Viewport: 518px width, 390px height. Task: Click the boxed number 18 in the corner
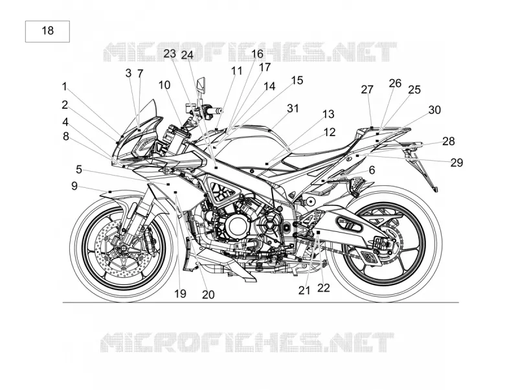(x=47, y=30)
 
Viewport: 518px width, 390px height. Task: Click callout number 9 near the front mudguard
(x=74, y=186)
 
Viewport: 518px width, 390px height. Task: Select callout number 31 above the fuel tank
(x=293, y=108)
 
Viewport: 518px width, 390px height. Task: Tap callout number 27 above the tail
(x=367, y=89)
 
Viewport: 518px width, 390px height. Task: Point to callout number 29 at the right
(x=457, y=163)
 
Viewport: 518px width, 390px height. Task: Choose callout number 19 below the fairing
(x=181, y=293)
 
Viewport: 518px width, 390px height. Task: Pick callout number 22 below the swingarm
(x=324, y=288)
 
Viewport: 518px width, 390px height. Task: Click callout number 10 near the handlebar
(x=164, y=85)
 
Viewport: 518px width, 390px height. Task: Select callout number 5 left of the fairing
(x=78, y=170)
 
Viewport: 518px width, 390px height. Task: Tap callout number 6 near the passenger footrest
(x=372, y=170)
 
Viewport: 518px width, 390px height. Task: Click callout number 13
(x=328, y=115)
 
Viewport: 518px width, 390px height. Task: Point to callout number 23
(x=170, y=54)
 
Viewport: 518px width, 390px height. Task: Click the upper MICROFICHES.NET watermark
(x=250, y=52)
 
